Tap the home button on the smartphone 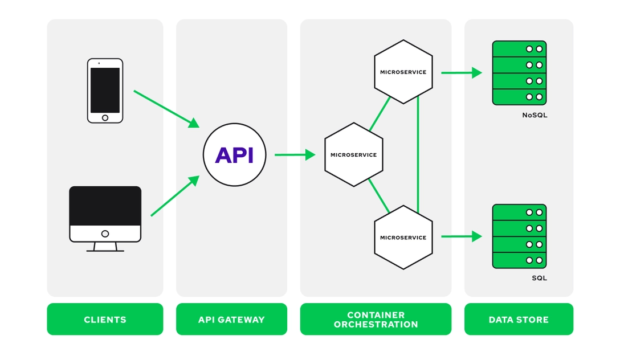105,118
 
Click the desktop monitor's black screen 105,206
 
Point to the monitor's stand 105,247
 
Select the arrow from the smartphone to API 166,108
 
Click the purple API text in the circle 234,155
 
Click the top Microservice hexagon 403,72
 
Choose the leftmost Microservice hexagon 353,155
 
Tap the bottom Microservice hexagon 403,238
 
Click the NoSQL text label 535,115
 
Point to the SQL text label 539,278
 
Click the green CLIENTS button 105,320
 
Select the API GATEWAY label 231,320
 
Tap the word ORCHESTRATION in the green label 376,325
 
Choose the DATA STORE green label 519,320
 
